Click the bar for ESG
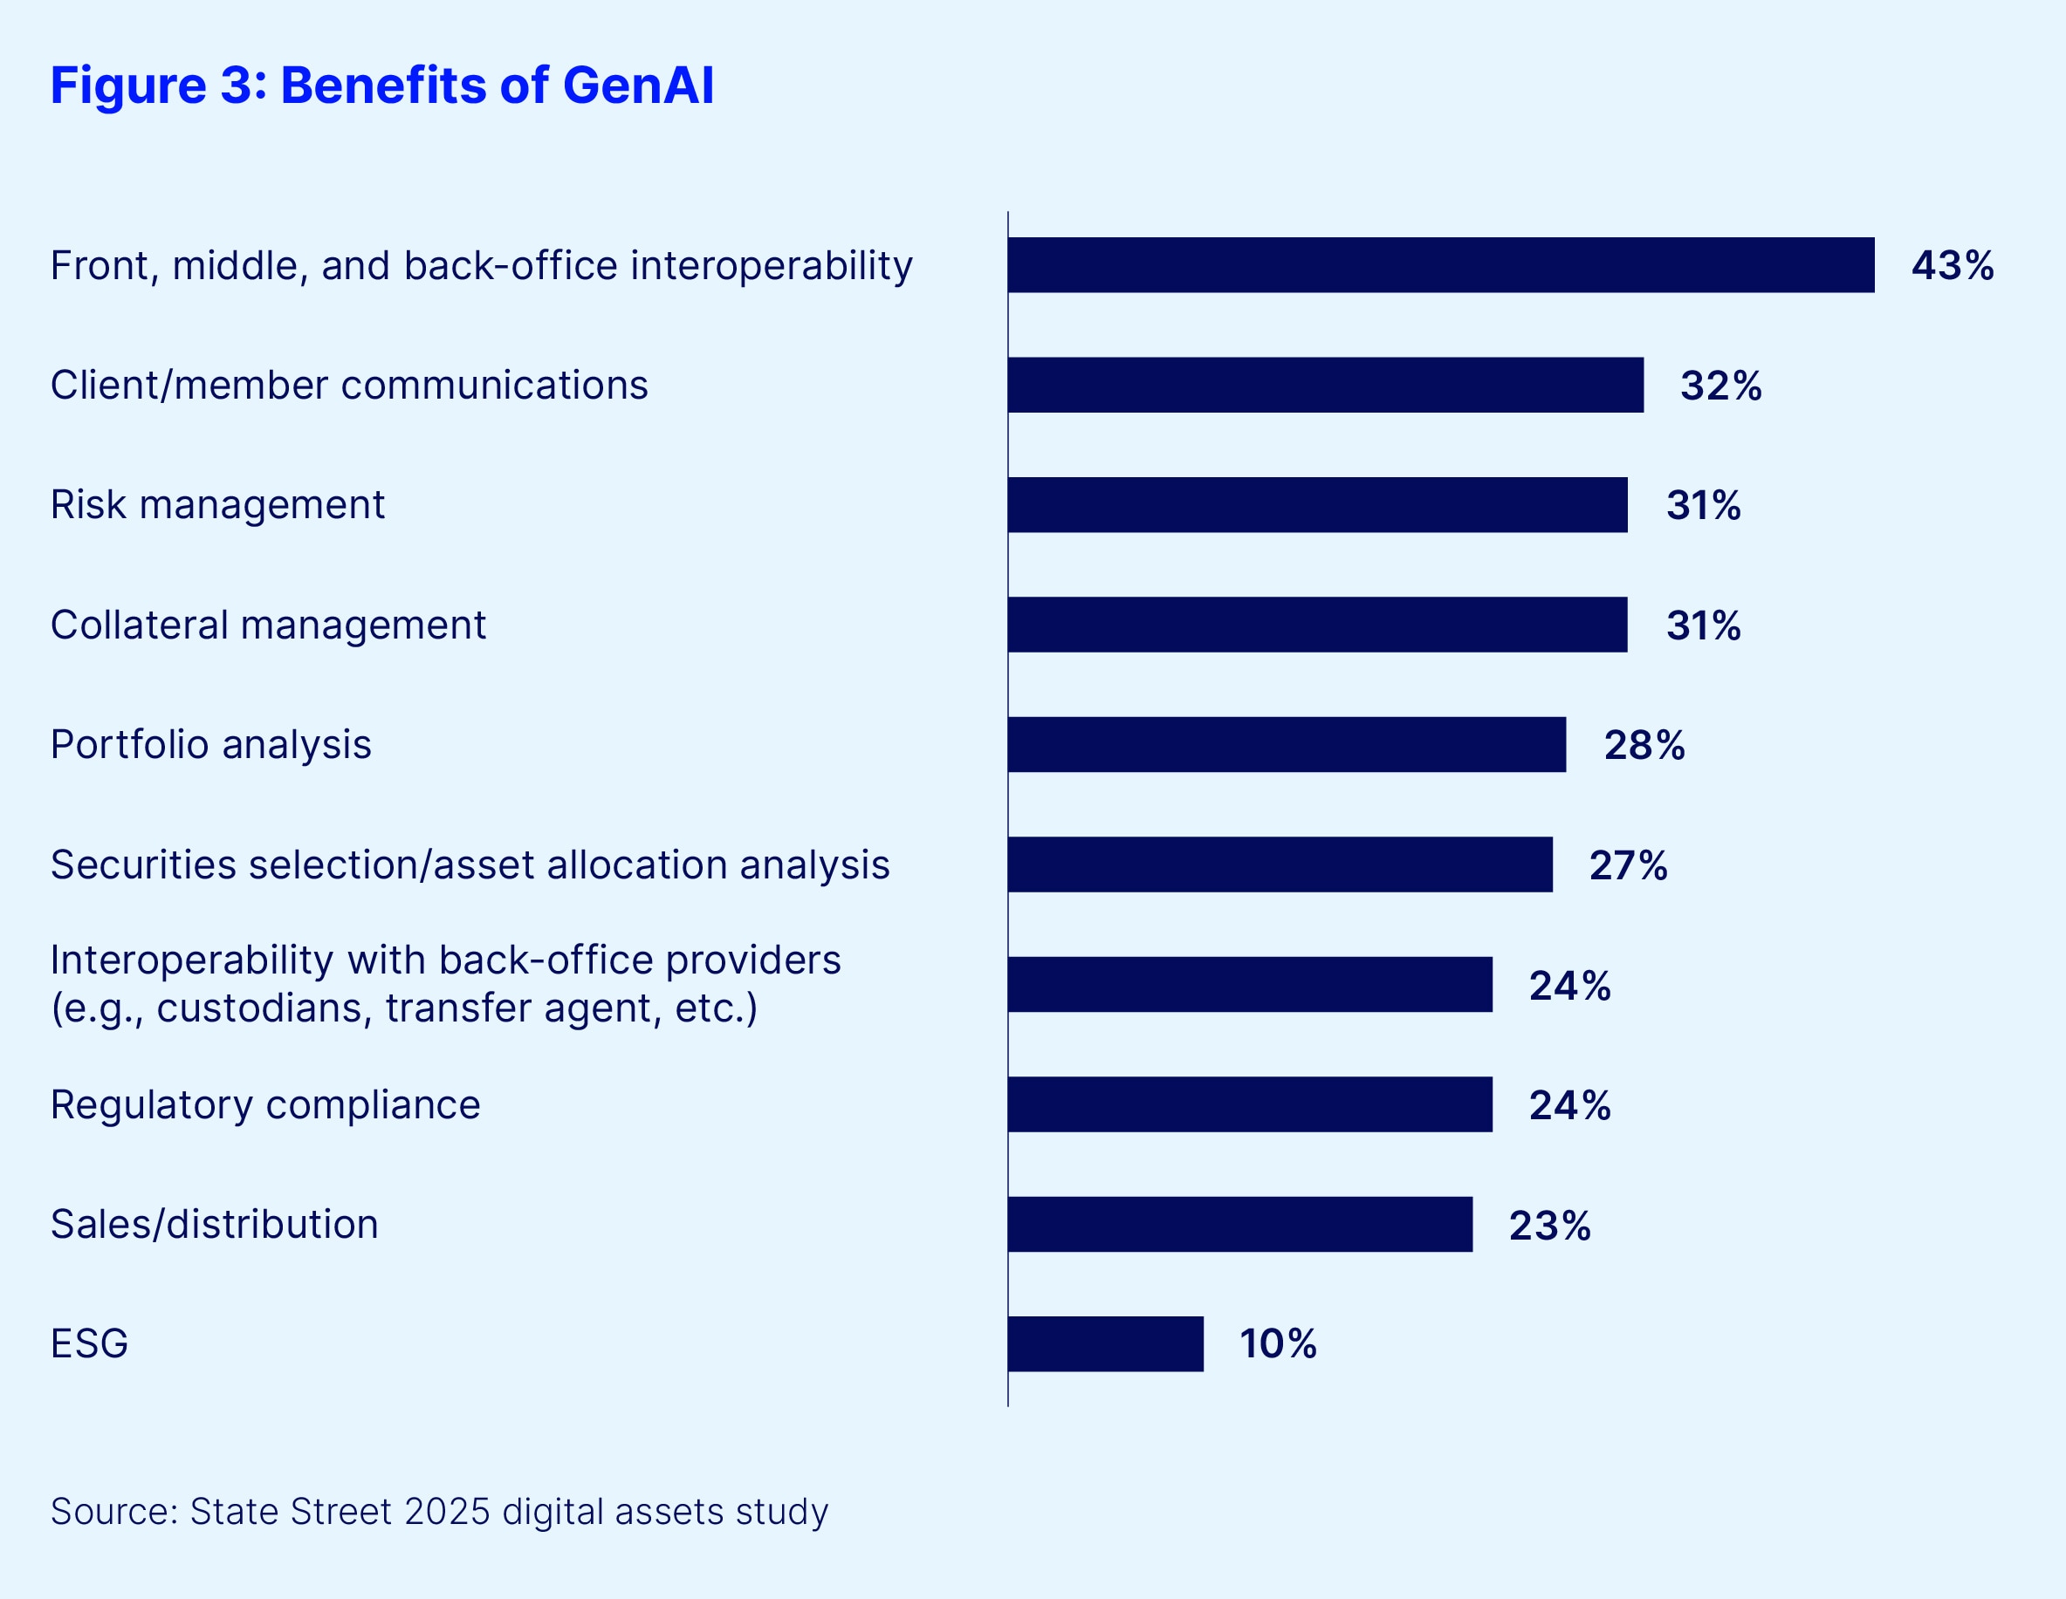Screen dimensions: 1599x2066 tap(1105, 1343)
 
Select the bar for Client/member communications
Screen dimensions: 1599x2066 tap(1325, 385)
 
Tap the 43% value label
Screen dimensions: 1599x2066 tap(1952, 266)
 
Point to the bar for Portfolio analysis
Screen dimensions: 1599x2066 tap(1287, 744)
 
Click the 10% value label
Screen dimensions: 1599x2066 tap(1278, 1343)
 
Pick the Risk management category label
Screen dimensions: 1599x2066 tap(217, 505)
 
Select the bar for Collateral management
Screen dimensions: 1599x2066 tap(1317, 624)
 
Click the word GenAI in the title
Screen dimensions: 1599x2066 tap(639, 85)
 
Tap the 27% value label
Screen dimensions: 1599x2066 tap(1628, 865)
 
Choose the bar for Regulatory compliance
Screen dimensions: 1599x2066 tap(1250, 1104)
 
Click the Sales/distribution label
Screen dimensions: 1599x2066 tap(215, 1225)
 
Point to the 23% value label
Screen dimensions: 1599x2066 tap(1549, 1226)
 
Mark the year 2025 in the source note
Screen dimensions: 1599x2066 tap(447, 1511)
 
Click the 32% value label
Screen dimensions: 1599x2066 tap(1720, 386)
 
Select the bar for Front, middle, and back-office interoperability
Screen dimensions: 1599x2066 tap(1441, 265)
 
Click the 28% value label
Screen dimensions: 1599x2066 tap(1644, 745)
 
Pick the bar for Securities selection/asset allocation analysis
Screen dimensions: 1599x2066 tap(1280, 864)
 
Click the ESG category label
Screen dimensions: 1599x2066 tap(89, 1343)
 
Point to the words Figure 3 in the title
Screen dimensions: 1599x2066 tap(151, 85)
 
